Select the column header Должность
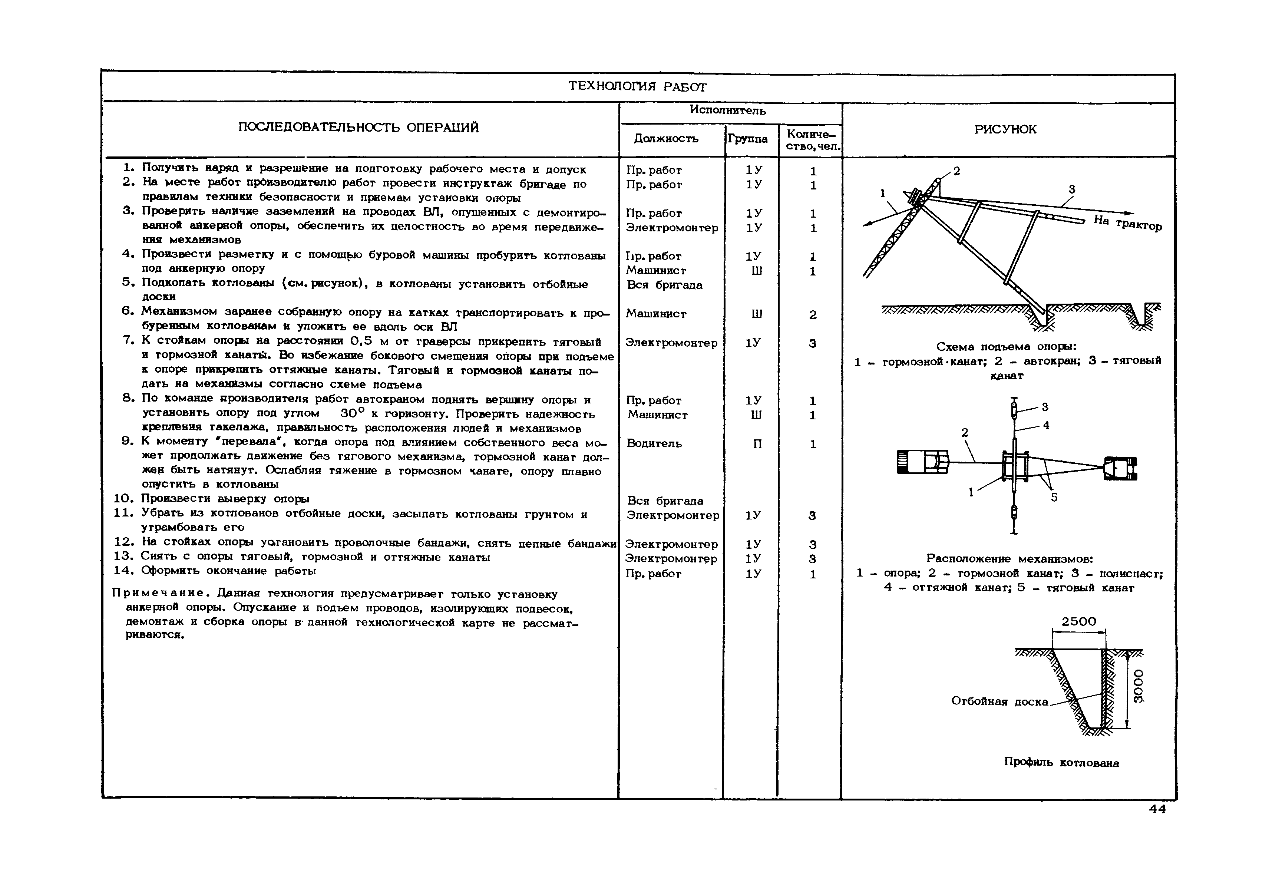pyautogui.click(x=666, y=139)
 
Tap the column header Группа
pyautogui.click(x=748, y=139)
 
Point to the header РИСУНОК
pyautogui.click(x=1005, y=129)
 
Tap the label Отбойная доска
pyautogui.click(x=1000, y=702)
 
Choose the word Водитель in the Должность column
pyautogui.click(x=654, y=443)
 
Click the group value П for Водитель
pyautogui.click(x=757, y=443)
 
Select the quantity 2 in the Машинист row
pyautogui.click(x=812, y=315)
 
